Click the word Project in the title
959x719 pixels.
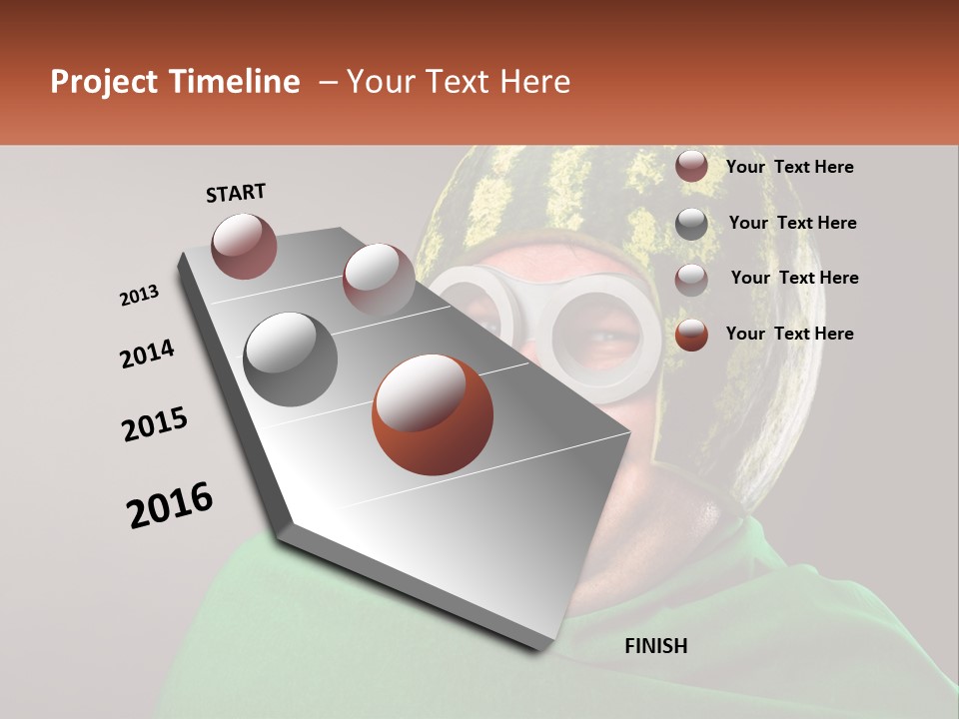(x=103, y=83)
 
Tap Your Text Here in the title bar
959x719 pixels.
(x=459, y=82)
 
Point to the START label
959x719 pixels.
(x=236, y=193)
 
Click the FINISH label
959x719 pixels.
(x=655, y=646)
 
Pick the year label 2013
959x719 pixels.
(x=140, y=296)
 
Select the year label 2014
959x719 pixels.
(x=148, y=355)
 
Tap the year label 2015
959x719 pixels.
(x=155, y=424)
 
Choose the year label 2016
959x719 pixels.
(x=170, y=505)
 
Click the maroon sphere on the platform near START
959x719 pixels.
(x=245, y=246)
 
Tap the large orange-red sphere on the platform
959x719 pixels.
(x=433, y=414)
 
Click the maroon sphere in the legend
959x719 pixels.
(x=691, y=167)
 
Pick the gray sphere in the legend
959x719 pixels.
(x=691, y=224)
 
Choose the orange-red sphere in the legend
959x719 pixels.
(x=691, y=335)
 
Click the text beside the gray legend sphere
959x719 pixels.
(x=792, y=223)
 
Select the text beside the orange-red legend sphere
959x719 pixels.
(x=790, y=334)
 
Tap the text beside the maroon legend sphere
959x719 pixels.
(x=790, y=167)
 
